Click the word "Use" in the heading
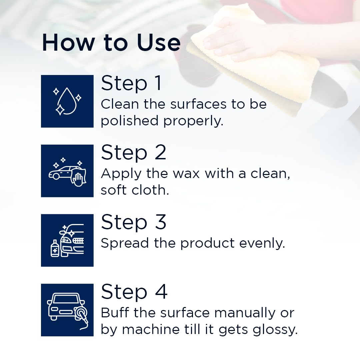tap(158, 42)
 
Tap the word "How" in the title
tap(68, 42)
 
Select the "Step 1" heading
tap(131, 83)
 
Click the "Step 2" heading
tap(133, 153)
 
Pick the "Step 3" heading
tap(133, 222)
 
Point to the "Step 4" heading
tap(134, 292)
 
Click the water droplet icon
tap(67, 101)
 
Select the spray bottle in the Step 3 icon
tap(55, 248)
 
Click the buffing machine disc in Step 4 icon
tap(81, 313)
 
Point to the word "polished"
tap(129, 121)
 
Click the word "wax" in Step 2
tap(186, 174)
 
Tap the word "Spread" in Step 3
tap(125, 243)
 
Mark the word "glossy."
tap(275, 330)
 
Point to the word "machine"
tap(151, 329)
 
